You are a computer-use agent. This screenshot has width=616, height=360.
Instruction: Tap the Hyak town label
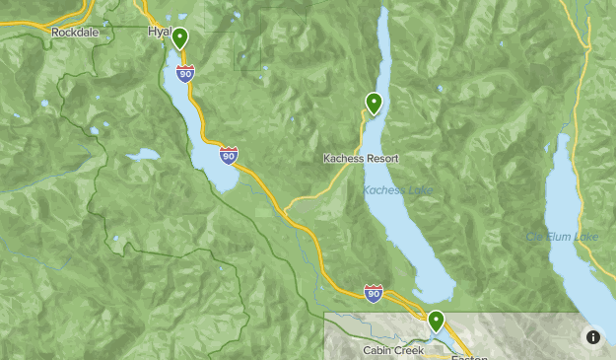pyautogui.click(x=158, y=32)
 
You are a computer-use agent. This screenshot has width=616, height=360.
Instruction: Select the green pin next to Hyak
pyautogui.click(x=180, y=38)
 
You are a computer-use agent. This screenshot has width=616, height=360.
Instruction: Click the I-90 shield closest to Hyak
pyautogui.click(x=184, y=72)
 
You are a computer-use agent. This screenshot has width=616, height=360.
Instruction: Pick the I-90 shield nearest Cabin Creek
pyautogui.click(x=373, y=293)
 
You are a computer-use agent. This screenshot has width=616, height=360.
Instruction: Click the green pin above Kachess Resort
pyautogui.click(x=374, y=102)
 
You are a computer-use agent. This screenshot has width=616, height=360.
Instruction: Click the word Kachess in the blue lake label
pyautogui.click(x=383, y=190)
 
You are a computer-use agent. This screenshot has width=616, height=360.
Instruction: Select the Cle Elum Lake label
pyautogui.click(x=562, y=237)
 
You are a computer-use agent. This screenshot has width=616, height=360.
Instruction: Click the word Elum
pyautogui.click(x=559, y=237)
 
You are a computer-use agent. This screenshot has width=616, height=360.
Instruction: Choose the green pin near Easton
pyautogui.click(x=435, y=322)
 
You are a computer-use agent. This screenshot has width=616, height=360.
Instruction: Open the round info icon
pyautogui.click(x=593, y=336)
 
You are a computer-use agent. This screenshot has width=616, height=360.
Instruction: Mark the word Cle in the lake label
pyautogui.click(x=534, y=237)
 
